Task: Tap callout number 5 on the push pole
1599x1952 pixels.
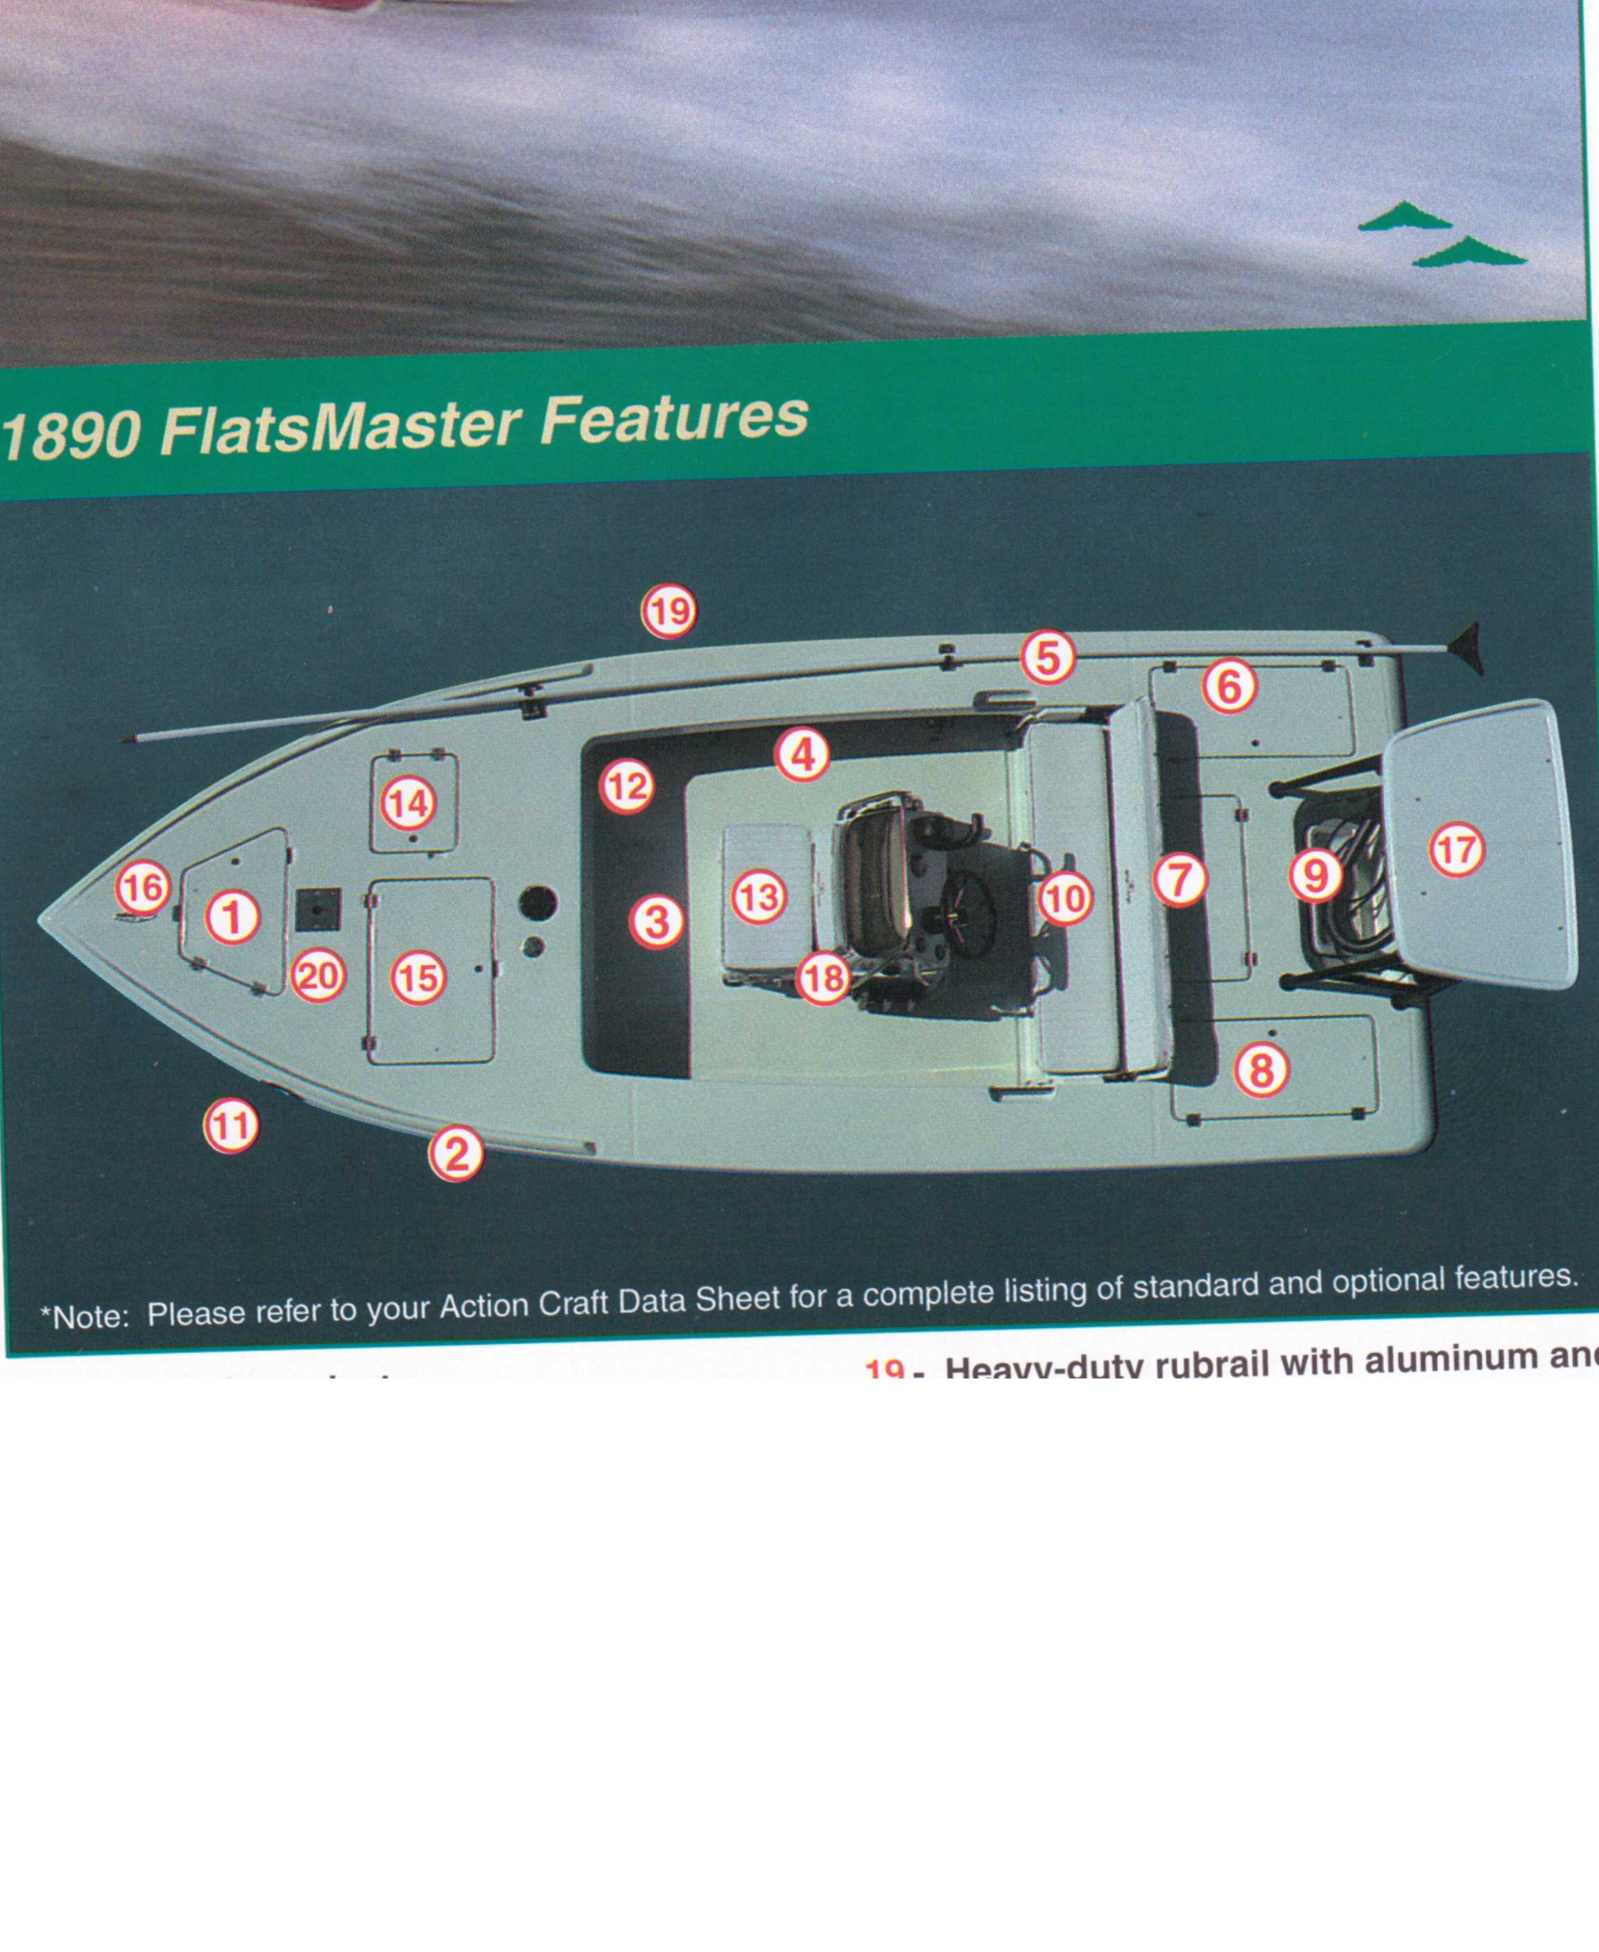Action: pos(1047,657)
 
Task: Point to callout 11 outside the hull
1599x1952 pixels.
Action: pos(230,1125)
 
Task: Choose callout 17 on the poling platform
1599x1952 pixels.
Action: pos(1456,849)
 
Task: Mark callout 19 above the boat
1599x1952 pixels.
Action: pos(668,611)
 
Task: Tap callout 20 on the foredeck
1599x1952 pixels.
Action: pos(318,976)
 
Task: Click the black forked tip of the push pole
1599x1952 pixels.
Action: pos(1467,646)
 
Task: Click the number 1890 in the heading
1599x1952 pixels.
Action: pos(72,435)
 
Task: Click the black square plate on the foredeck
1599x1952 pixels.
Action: pos(318,909)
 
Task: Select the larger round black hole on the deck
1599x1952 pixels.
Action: pos(538,903)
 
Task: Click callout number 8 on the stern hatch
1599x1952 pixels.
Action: pos(1260,1070)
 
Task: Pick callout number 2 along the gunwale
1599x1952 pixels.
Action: pos(456,1153)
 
